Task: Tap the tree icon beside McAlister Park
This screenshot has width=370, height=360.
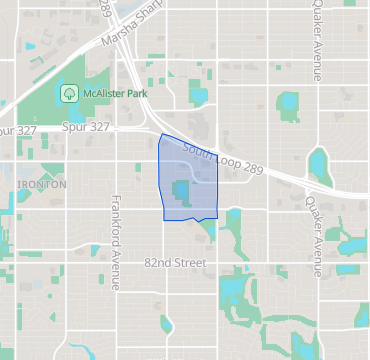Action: click(x=70, y=92)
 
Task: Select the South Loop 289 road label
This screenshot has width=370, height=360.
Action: click(x=223, y=157)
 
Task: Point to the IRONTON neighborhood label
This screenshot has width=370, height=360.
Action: click(x=42, y=185)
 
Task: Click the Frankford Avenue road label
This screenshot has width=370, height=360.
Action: click(x=116, y=243)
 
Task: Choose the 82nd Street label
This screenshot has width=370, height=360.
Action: click(x=174, y=263)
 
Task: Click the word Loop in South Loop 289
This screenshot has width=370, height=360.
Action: click(x=224, y=157)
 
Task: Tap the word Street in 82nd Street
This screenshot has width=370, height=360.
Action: click(x=189, y=263)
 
